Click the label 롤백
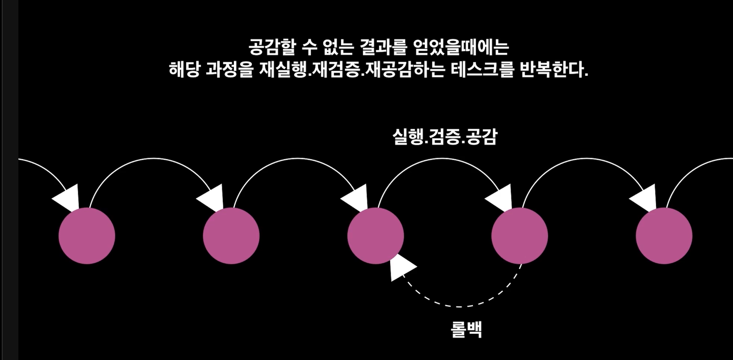click(x=466, y=329)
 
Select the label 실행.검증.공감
click(x=445, y=137)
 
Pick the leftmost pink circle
click(x=87, y=236)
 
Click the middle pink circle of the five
click(x=375, y=236)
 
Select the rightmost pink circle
click(x=664, y=236)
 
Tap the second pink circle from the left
click(x=231, y=236)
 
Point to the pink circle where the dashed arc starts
click(x=519, y=236)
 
